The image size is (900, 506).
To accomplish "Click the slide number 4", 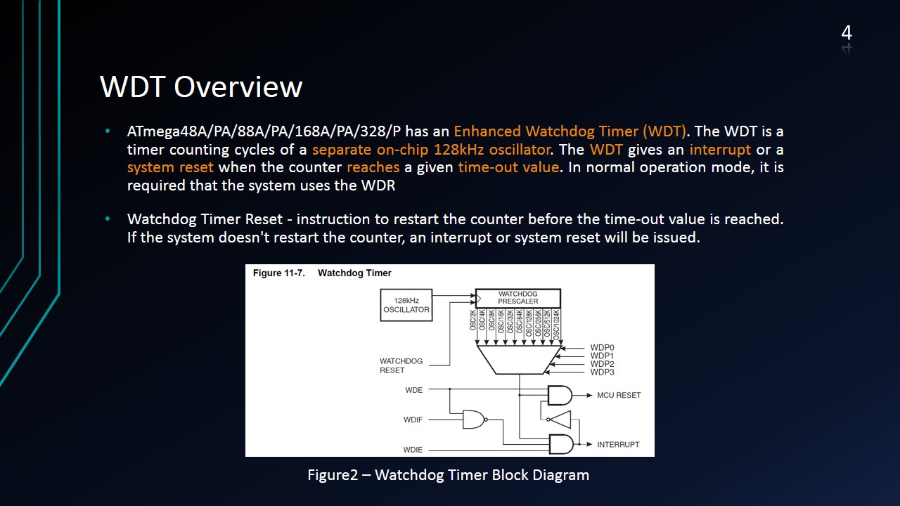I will (x=847, y=33).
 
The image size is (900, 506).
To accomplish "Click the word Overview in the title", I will (x=238, y=87).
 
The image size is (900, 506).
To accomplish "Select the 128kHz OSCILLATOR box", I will (x=406, y=305).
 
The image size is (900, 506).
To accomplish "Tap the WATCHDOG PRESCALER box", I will (x=518, y=297).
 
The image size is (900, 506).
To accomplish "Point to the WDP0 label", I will (x=602, y=347).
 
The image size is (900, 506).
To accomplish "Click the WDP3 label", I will (x=602, y=372).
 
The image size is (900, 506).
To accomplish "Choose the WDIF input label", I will (x=413, y=420).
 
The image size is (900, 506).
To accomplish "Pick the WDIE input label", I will (x=413, y=449).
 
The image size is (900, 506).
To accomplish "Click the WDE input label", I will (x=415, y=389).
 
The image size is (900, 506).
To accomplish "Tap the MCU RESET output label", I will (x=619, y=395).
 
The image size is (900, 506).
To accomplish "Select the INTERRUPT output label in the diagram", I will (x=618, y=444).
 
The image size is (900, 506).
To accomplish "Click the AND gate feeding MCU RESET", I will (x=560, y=395).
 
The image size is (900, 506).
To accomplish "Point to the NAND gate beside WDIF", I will (x=474, y=420).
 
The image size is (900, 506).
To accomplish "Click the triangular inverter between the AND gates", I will (x=560, y=420).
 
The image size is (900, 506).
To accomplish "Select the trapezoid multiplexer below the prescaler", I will (x=518, y=359).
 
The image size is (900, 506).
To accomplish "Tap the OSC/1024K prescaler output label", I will (x=556, y=325).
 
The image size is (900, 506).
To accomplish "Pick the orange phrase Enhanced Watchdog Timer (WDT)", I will (x=570, y=131).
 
